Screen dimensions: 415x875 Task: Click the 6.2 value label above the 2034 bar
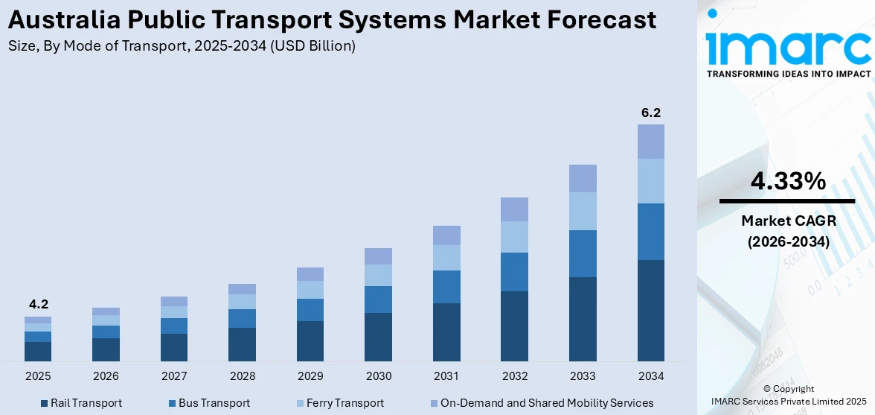point(651,113)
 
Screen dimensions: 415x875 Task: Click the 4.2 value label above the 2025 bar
point(38,304)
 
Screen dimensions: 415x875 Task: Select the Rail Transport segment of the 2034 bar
point(651,311)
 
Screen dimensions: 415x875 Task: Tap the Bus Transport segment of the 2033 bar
point(583,253)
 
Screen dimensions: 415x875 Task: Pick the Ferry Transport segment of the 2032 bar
point(514,237)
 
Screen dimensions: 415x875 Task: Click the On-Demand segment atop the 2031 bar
point(446,235)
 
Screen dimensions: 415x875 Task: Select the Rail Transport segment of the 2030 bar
point(378,337)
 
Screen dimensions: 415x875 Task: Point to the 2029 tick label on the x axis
point(310,376)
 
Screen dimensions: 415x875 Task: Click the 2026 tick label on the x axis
point(106,376)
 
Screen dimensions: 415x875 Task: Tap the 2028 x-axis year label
point(242,376)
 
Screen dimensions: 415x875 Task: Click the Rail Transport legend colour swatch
point(43,403)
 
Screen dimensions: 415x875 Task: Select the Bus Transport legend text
point(214,403)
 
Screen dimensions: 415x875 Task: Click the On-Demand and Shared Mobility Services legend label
point(547,403)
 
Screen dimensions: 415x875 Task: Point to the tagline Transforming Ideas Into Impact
point(788,74)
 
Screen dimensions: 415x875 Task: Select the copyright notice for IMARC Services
point(789,396)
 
